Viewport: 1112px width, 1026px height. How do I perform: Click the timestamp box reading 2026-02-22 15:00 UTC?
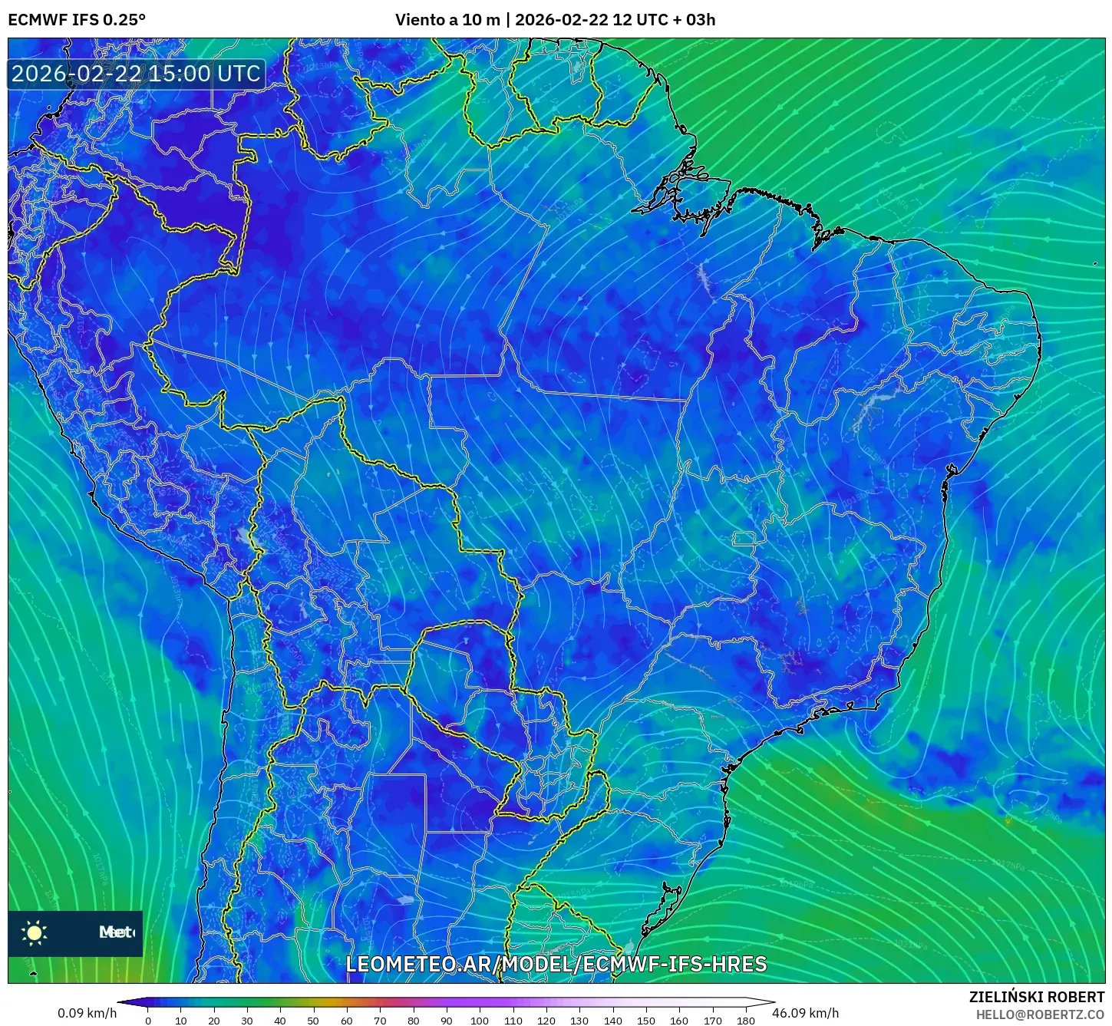pyautogui.click(x=136, y=74)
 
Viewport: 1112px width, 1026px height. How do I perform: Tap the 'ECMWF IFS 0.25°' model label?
pyautogui.click(x=76, y=20)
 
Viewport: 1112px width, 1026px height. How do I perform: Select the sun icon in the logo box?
pyautogui.click(x=35, y=933)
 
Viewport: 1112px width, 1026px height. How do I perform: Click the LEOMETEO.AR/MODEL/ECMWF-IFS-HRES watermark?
pyautogui.click(x=556, y=965)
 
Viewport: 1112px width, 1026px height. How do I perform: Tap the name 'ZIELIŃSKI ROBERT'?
pyautogui.click(x=1036, y=998)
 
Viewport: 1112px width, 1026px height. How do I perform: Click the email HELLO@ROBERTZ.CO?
pyautogui.click(x=1040, y=1014)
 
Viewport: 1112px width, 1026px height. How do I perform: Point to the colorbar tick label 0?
pyautogui.click(x=148, y=1021)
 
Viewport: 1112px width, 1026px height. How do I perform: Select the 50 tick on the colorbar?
pyautogui.click(x=313, y=1021)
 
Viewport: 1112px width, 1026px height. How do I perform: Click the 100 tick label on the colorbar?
pyautogui.click(x=480, y=1021)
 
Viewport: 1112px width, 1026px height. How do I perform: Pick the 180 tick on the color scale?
pyautogui.click(x=745, y=1021)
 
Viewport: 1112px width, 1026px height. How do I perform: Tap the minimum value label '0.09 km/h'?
pyautogui.click(x=87, y=1013)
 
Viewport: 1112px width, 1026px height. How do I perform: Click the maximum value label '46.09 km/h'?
pyautogui.click(x=805, y=1013)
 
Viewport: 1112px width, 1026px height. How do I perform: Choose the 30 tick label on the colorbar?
pyautogui.click(x=246, y=1021)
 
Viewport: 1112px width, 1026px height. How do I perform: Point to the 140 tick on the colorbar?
pyautogui.click(x=612, y=1021)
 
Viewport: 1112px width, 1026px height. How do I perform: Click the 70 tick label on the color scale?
pyautogui.click(x=380, y=1021)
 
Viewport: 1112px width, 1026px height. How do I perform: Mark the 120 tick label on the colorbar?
pyautogui.click(x=546, y=1021)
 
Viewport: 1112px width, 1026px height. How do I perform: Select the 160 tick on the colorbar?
pyautogui.click(x=679, y=1021)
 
